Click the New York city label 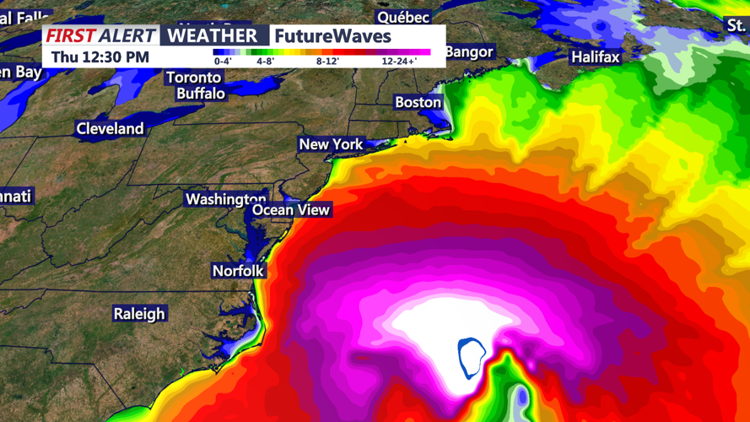tap(331, 144)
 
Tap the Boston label tap(418, 102)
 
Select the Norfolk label tap(238, 271)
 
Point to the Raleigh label tap(139, 314)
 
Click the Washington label tap(225, 199)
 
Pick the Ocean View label tap(291, 210)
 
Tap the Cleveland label tap(110, 129)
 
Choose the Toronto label tap(193, 78)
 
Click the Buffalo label tap(200, 93)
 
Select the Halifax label tap(595, 57)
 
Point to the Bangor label tap(468, 52)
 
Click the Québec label tap(402, 17)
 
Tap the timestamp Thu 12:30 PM tap(100, 57)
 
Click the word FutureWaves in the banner tap(333, 36)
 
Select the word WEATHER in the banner tap(212, 36)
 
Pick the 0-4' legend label tap(223, 62)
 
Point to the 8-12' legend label tap(327, 62)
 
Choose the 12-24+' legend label tap(399, 62)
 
